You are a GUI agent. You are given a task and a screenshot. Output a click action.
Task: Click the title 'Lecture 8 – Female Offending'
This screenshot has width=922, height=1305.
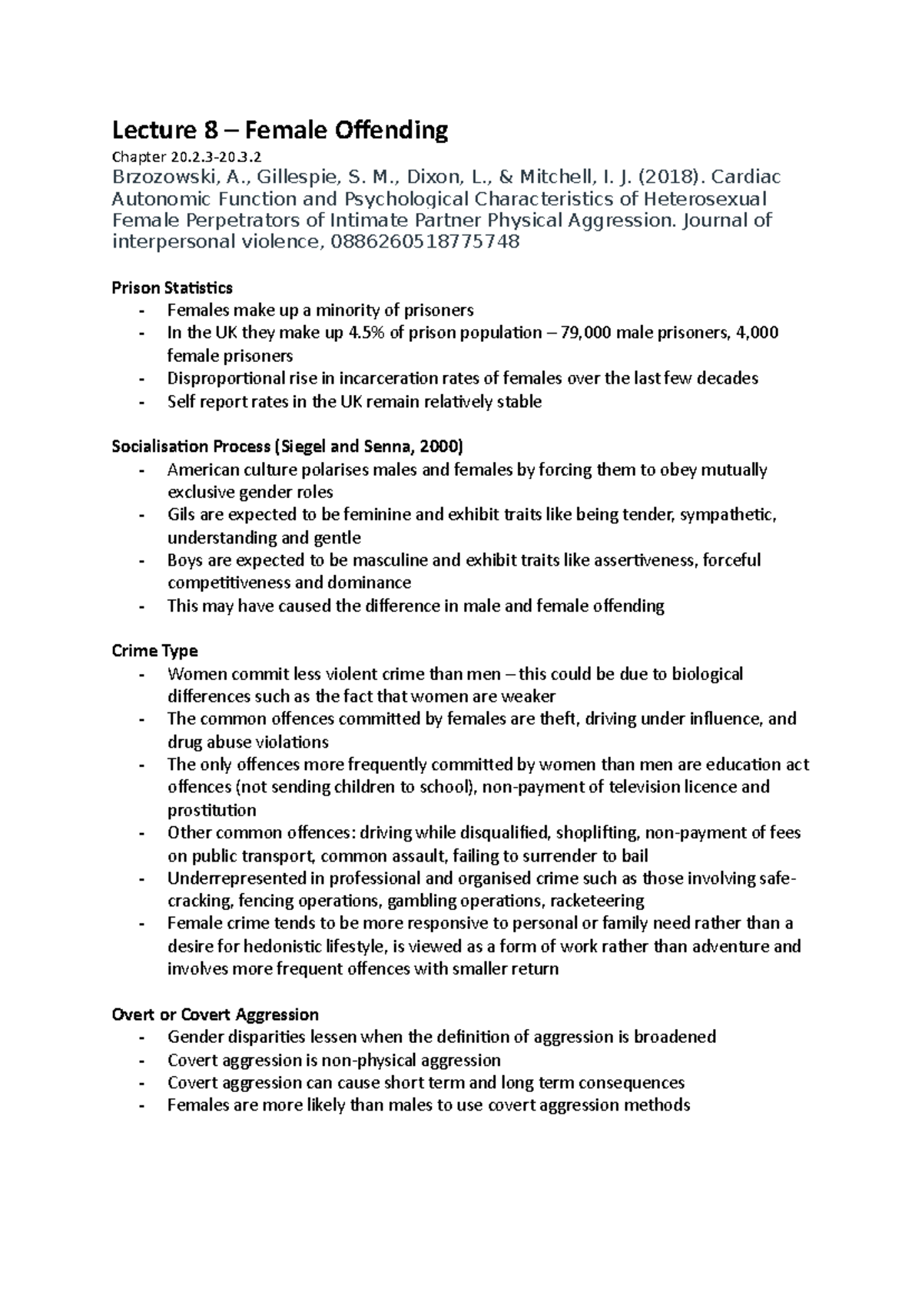[x=280, y=131]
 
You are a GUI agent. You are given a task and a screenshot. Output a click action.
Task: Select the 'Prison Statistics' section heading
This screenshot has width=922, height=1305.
[x=172, y=288]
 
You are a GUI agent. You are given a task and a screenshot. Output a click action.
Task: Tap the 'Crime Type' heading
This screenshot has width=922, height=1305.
[x=154, y=651]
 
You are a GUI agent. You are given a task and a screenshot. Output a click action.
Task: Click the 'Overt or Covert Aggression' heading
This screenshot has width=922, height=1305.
[x=215, y=1014]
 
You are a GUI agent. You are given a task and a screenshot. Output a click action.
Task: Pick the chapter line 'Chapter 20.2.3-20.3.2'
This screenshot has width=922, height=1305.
[x=191, y=158]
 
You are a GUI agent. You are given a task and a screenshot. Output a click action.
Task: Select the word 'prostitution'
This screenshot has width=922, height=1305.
[x=212, y=810]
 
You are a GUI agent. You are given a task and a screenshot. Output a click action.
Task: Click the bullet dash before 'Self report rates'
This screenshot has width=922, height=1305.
[x=141, y=402]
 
